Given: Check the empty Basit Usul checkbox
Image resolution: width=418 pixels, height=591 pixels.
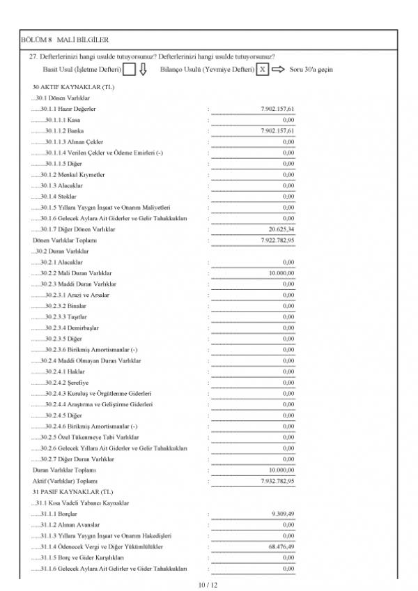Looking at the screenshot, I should (129, 69).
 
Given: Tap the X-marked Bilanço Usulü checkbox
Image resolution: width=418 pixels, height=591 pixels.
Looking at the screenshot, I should (261, 69).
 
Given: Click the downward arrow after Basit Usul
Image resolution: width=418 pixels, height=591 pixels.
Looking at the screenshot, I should (142, 69).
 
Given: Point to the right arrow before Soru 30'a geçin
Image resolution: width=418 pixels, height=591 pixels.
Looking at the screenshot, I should (278, 69).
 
